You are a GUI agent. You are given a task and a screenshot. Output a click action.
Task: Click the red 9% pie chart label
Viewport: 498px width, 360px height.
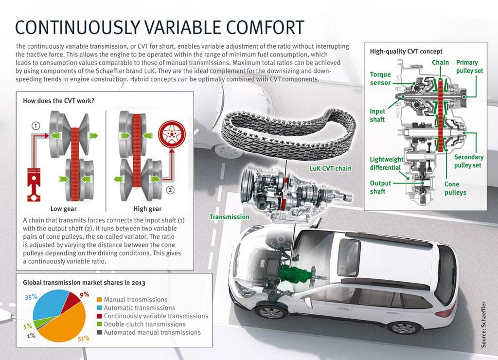[x=84, y=294]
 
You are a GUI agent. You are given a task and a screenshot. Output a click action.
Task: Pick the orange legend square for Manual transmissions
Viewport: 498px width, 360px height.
[x=100, y=300]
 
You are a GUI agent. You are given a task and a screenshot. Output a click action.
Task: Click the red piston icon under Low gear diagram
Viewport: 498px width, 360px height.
[x=34, y=185]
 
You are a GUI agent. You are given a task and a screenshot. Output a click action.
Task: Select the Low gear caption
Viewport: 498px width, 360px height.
[x=64, y=209]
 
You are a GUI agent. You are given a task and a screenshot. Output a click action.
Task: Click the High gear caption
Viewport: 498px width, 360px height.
[x=147, y=209]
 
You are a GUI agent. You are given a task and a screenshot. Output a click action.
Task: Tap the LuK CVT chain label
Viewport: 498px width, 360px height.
[x=330, y=168]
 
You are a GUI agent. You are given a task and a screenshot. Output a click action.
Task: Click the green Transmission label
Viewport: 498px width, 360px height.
[x=229, y=216]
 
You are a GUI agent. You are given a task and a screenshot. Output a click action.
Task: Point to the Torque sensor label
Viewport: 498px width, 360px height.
[x=380, y=79]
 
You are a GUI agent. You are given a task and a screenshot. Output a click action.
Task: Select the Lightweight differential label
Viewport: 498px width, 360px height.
[x=387, y=163]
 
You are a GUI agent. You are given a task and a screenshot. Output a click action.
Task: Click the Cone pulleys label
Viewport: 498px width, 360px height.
[x=455, y=188]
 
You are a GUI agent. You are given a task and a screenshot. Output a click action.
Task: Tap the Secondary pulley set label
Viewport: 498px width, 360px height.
[x=468, y=161]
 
